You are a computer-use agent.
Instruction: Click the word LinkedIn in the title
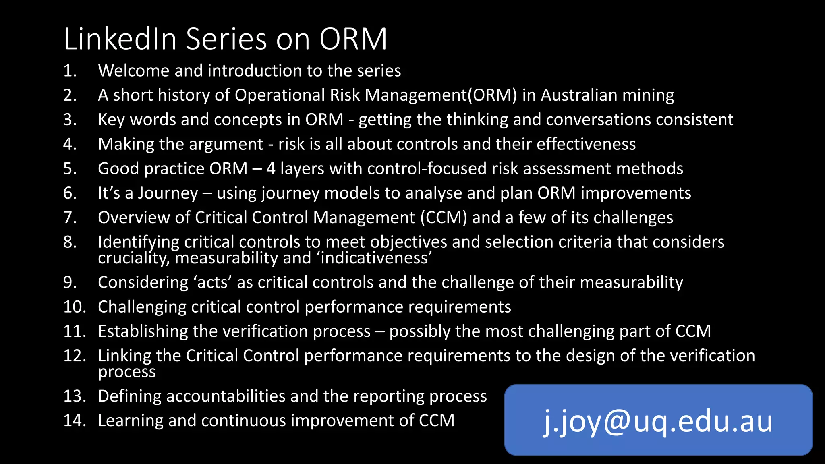120,39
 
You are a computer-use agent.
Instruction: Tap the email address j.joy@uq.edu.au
658,421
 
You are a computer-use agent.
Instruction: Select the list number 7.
70,217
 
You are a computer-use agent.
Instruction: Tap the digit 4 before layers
271,169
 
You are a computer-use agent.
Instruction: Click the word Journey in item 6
168,193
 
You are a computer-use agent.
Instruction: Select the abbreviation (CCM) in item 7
444,217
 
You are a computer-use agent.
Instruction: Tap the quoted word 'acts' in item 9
214,282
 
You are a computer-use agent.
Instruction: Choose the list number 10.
75,307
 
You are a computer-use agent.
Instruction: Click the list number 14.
75,421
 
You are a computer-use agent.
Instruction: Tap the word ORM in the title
353,39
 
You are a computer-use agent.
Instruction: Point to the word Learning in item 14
131,421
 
